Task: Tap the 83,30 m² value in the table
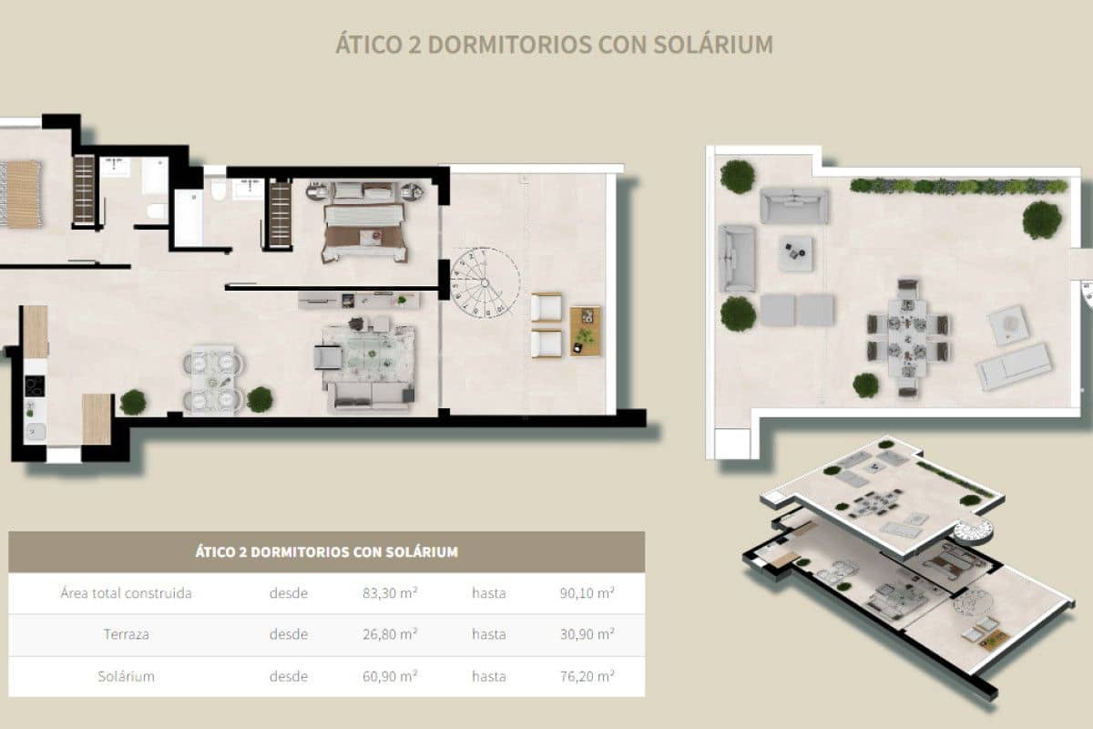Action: (x=390, y=593)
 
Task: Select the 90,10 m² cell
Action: (x=587, y=593)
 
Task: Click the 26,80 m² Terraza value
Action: (x=390, y=634)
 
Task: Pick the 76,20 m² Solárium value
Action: (x=587, y=676)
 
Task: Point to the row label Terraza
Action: (x=126, y=634)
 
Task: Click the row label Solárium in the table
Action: (x=126, y=676)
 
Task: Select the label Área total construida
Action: (x=126, y=593)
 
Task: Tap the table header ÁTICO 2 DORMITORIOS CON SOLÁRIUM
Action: (x=326, y=551)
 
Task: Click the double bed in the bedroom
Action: (x=363, y=224)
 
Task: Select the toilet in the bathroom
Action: (x=218, y=189)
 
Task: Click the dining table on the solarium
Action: (x=907, y=336)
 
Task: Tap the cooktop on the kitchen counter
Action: (x=35, y=386)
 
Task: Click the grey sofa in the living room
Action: (x=370, y=395)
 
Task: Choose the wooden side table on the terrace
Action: (x=586, y=331)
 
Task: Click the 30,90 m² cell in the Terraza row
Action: (x=587, y=634)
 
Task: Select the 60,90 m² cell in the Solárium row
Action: (x=390, y=676)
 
